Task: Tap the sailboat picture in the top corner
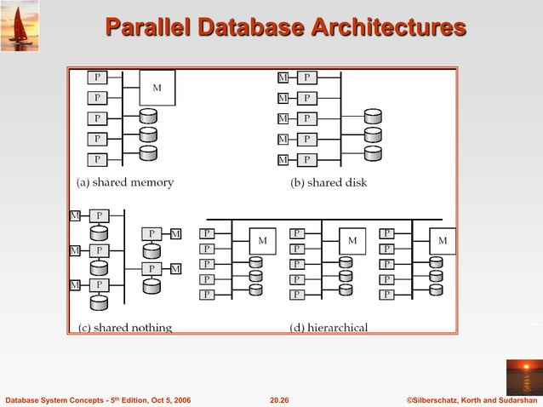pyautogui.click(x=20, y=26)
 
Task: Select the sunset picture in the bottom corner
pyautogui.click(x=523, y=376)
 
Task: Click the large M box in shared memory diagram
pyautogui.click(x=157, y=88)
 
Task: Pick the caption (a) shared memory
pyautogui.click(x=125, y=182)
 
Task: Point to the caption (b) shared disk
pyautogui.click(x=329, y=182)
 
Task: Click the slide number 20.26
pyautogui.click(x=279, y=399)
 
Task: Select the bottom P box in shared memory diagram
pyautogui.click(x=98, y=159)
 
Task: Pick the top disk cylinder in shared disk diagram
pyautogui.click(x=372, y=117)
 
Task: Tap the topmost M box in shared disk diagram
pyautogui.click(x=283, y=77)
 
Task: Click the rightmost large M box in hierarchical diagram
pyautogui.click(x=442, y=241)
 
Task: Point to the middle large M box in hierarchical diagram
pyautogui.click(x=352, y=241)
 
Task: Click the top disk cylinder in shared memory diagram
pyautogui.click(x=148, y=116)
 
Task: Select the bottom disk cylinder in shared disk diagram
pyautogui.click(x=372, y=154)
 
